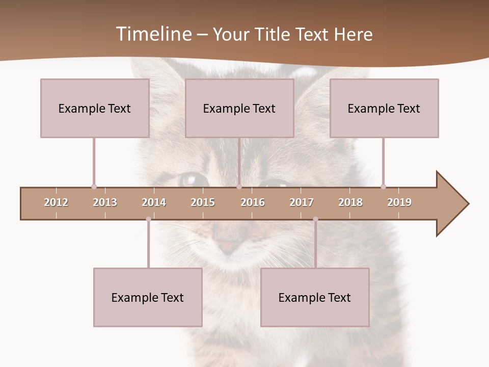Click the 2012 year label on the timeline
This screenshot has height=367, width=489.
56,202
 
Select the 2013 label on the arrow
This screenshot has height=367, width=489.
105,202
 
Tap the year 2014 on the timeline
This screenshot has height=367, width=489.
154,202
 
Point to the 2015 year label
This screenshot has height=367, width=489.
203,202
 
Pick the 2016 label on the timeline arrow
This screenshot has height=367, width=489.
253,202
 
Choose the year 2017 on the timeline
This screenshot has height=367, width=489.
302,202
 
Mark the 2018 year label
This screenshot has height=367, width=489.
350,202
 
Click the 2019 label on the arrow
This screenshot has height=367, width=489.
399,202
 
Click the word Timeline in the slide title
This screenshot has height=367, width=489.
153,34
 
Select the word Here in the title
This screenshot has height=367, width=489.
353,35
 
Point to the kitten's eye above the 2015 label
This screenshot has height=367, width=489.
194,179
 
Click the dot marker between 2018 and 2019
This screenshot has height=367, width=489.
383,187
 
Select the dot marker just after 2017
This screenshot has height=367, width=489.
315,219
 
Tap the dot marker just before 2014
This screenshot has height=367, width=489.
148,219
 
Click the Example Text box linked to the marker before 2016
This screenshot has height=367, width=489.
239,108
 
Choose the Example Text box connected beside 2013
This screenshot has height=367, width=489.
95,108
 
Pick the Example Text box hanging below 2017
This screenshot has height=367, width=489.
315,297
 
